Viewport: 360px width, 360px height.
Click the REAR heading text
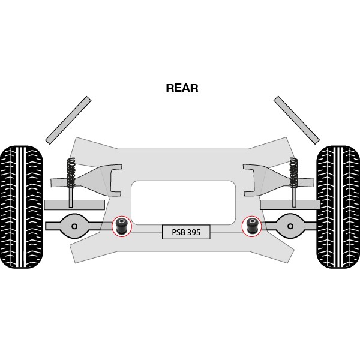[182, 88]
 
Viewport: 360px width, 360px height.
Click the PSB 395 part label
[186, 232]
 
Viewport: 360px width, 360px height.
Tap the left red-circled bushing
[122, 226]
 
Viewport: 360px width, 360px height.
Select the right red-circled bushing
[252, 226]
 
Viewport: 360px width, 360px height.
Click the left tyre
[21, 206]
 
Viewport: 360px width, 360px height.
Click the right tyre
[338, 206]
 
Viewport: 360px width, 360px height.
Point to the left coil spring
[71, 173]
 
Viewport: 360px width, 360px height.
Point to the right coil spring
[293, 173]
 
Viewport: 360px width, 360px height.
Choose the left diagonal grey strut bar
[68, 120]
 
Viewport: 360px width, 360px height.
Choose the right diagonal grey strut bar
[296, 120]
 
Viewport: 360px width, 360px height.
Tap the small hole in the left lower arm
[74, 226]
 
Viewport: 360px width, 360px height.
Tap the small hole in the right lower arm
[290, 226]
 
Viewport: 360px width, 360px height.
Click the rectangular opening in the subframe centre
[183, 202]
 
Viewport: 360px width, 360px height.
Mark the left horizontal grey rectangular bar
[74, 205]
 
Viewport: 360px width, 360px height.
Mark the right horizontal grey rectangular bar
[290, 205]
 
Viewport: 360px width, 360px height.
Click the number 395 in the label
[193, 232]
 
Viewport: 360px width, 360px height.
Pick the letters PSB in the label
[178, 232]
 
